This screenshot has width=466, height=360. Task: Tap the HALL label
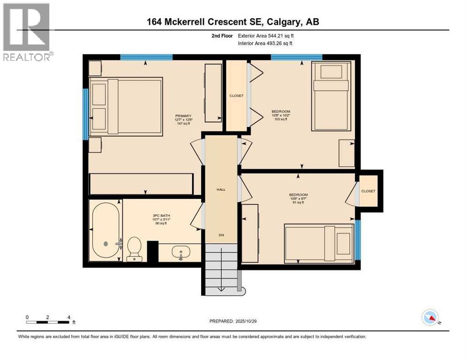[x=221, y=189]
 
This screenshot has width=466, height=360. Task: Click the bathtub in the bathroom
[x=105, y=231]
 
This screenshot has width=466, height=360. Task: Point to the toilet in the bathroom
[x=134, y=247]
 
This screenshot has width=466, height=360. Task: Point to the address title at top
[x=233, y=22]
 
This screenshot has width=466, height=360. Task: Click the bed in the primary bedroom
[x=126, y=106]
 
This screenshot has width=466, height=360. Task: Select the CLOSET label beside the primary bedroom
[x=236, y=96]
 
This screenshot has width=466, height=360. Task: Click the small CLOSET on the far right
[x=368, y=191]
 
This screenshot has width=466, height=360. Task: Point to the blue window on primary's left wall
[x=85, y=114]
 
